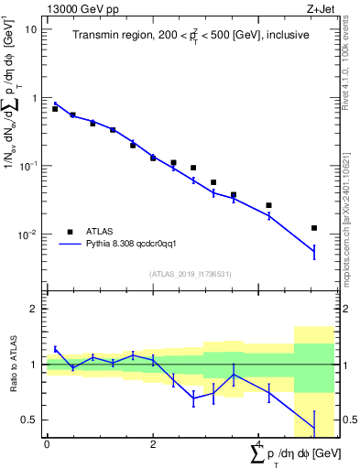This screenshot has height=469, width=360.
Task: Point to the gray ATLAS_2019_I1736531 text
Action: click(x=191, y=274)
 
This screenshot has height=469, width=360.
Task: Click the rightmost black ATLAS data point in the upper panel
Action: click(x=314, y=228)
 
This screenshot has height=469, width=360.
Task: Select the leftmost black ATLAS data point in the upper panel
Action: click(x=55, y=109)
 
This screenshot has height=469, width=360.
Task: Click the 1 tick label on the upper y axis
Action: click(x=34, y=98)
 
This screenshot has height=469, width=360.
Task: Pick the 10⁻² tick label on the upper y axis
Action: click(x=28, y=235)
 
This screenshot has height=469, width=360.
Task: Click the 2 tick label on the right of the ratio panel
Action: click(x=350, y=309)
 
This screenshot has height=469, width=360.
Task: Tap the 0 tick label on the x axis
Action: click(x=47, y=444)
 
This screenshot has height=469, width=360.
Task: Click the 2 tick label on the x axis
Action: click(x=153, y=444)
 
